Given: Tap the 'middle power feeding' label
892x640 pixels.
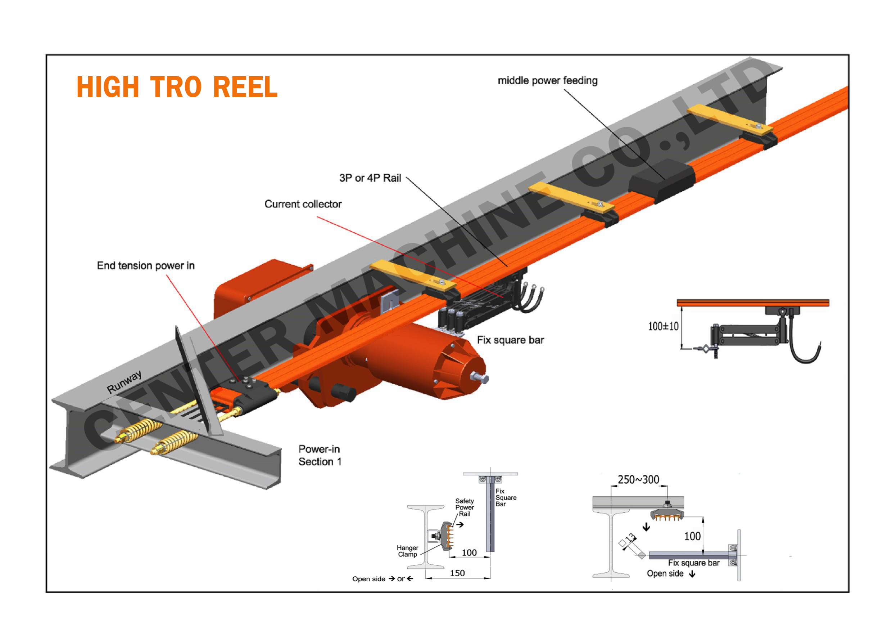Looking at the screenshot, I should click(x=548, y=80).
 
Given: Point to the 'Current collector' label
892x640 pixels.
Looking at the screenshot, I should click(x=303, y=204).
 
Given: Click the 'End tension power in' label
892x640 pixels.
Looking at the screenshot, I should click(x=145, y=266).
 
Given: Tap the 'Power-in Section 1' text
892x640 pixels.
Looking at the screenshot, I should click(x=320, y=455).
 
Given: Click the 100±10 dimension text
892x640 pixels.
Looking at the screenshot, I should click(x=663, y=326).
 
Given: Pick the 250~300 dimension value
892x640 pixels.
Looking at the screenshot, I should click(x=638, y=479).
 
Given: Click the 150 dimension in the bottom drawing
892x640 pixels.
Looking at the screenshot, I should click(x=457, y=573).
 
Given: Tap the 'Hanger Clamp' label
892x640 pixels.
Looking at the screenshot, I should click(x=407, y=551).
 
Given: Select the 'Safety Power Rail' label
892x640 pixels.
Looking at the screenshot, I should click(x=465, y=507).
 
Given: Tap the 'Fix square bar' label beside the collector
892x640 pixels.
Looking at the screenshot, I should click(x=510, y=340).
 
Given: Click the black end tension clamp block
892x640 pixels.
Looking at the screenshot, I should click(x=252, y=394).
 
